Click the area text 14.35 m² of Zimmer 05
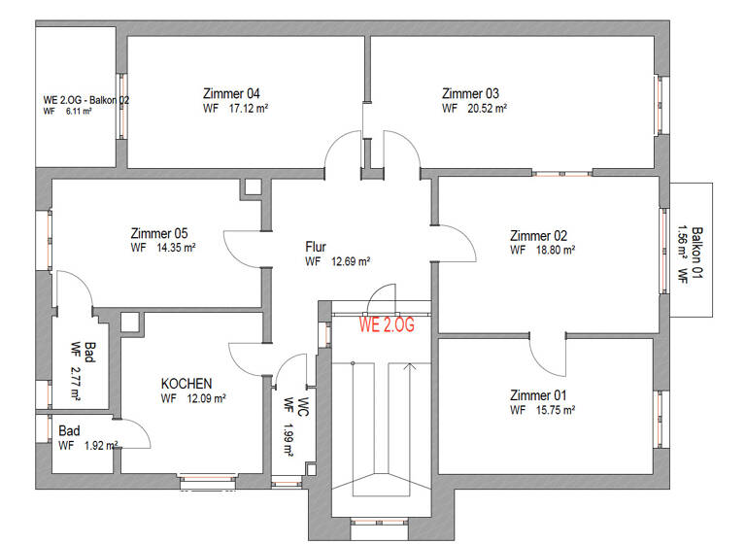pyautogui.click(x=176, y=248)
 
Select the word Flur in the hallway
pyautogui.click(x=317, y=246)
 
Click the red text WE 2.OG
pyautogui.click(x=387, y=325)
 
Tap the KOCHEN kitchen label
pyautogui.click(x=186, y=384)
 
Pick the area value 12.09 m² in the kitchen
pyautogui.click(x=205, y=398)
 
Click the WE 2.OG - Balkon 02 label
pyautogui.click(x=86, y=99)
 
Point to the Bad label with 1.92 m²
pyautogui.click(x=69, y=430)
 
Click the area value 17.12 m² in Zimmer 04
pyautogui.click(x=248, y=109)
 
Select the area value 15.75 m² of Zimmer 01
pyautogui.click(x=556, y=410)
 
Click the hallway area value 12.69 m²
pyautogui.click(x=349, y=261)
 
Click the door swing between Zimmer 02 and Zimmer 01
pyautogui.click(x=546, y=355)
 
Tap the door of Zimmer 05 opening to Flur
pyautogui.click(x=243, y=247)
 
